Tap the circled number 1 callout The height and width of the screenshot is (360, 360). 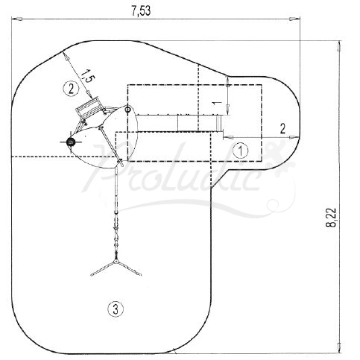pyautogui.click(x=239, y=150)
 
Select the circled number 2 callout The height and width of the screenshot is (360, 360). pyautogui.click(x=70, y=88)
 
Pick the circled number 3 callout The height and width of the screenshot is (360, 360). pyautogui.click(x=113, y=308)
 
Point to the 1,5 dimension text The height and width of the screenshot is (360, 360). pyautogui.click(x=87, y=77)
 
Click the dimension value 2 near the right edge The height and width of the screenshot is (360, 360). pyautogui.click(x=282, y=127)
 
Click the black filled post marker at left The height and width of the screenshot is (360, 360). pyautogui.click(x=71, y=141)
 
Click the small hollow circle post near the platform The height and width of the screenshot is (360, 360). pyautogui.click(x=127, y=110)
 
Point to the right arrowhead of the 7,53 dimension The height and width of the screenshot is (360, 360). pyautogui.click(x=298, y=22)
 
